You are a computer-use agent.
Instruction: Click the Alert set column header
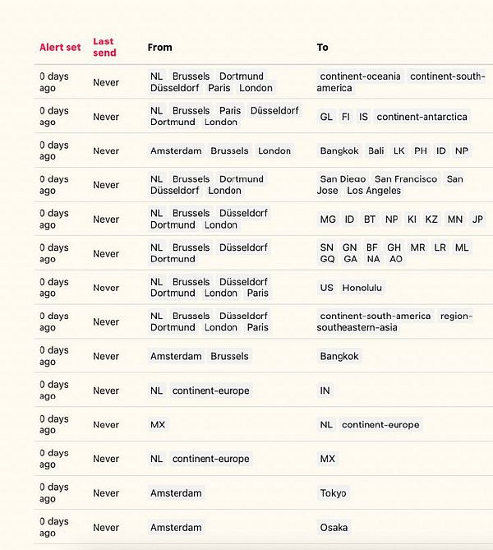(60, 48)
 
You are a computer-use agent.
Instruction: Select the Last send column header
(104, 47)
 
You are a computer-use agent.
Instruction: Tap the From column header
(159, 48)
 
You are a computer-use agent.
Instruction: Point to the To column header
(322, 48)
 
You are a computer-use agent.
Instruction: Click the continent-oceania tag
(360, 76)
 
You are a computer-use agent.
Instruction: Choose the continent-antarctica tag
(422, 117)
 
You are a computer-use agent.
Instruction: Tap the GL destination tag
(326, 117)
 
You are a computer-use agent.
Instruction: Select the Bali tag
(376, 151)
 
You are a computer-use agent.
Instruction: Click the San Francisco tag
(406, 179)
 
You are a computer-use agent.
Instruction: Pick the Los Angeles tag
(374, 191)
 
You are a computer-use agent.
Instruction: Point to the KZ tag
(431, 220)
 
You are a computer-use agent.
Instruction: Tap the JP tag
(477, 220)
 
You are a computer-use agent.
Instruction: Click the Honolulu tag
(362, 288)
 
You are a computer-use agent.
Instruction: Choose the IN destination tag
(325, 391)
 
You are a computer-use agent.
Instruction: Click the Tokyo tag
(334, 493)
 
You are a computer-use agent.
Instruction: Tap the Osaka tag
(334, 528)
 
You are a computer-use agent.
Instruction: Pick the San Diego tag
(343, 179)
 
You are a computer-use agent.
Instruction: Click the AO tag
(396, 259)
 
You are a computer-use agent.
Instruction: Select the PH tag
(421, 151)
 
